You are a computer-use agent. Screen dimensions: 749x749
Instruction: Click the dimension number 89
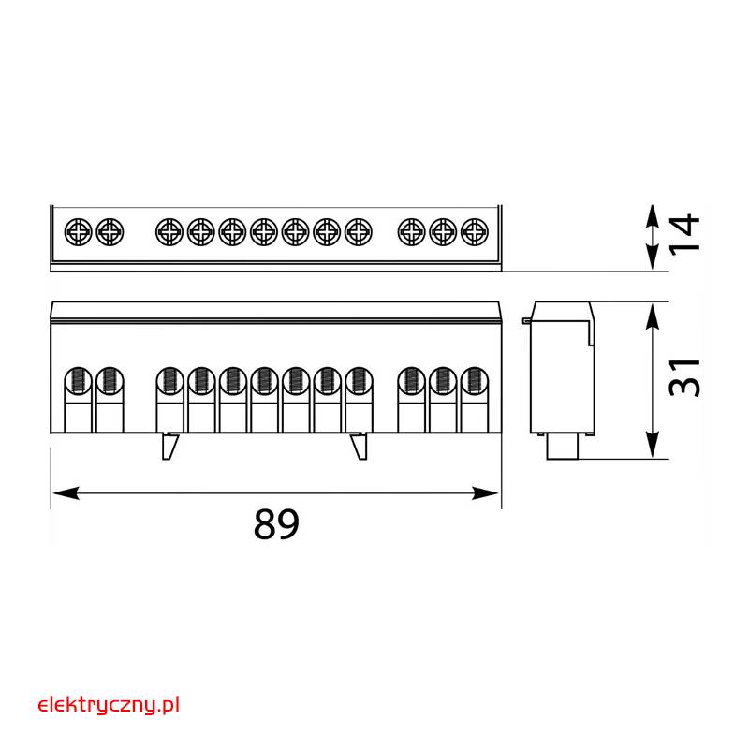[x=276, y=523]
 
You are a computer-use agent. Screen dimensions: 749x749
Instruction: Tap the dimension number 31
[x=684, y=377]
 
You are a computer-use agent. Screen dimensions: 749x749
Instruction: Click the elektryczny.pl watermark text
[x=109, y=706]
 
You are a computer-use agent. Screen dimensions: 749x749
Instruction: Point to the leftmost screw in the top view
[x=78, y=232]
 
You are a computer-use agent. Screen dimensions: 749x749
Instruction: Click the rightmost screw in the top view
[x=475, y=232]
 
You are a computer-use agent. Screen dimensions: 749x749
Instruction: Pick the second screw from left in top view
[x=110, y=232]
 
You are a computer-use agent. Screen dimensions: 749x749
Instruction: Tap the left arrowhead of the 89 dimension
[x=66, y=493]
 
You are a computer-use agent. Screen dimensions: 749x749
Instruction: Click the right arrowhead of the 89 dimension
[x=485, y=493]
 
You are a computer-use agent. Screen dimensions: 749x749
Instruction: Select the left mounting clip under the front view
[x=169, y=447]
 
